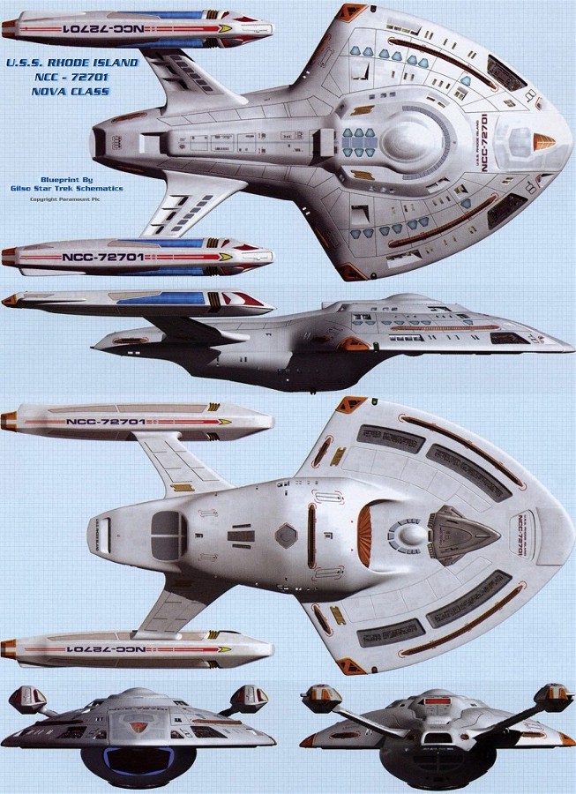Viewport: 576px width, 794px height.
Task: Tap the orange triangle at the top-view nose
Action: coord(545,140)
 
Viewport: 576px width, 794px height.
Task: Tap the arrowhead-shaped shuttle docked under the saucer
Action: coord(462,533)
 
